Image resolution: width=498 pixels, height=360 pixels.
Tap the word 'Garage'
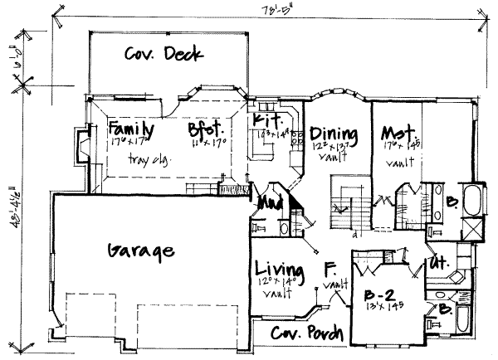[x=139, y=251]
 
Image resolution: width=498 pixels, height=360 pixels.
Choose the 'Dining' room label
[x=333, y=134]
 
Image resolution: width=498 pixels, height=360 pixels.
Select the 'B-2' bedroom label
[x=380, y=293]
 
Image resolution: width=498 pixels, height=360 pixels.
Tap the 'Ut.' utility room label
[x=435, y=262]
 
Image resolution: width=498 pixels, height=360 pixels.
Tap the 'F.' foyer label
[x=329, y=269]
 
